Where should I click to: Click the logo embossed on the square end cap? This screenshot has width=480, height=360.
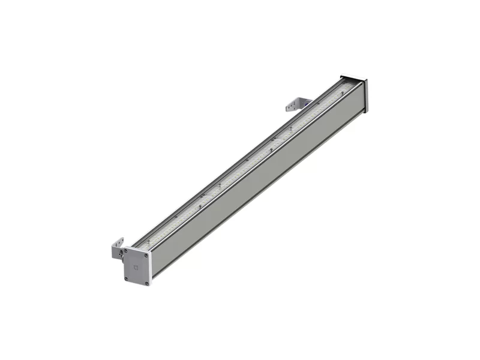click(x=136, y=268)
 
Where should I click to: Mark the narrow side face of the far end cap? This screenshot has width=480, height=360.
click(x=365, y=96)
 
